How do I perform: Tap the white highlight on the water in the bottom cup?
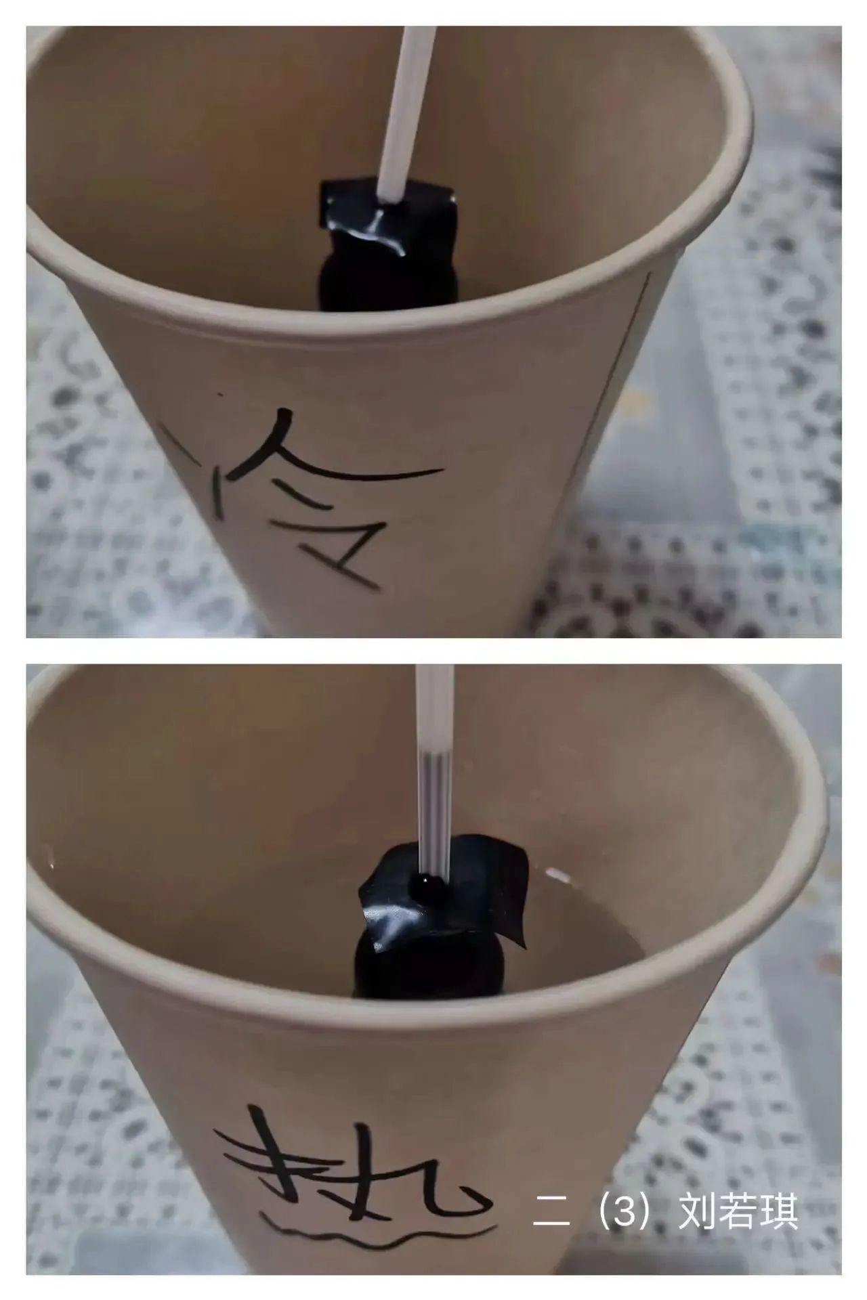[559, 874]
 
